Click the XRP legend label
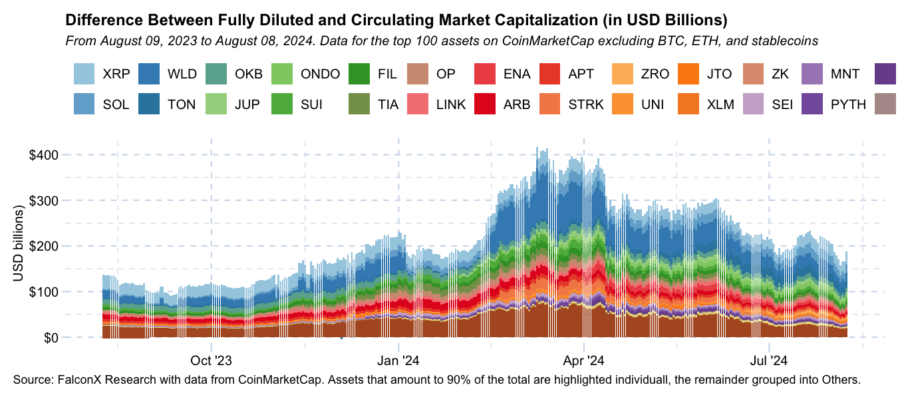point(116,74)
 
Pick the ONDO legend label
point(320,74)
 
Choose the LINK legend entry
point(451,104)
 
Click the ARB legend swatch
point(486,104)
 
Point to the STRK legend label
point(586,104)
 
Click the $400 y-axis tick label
point(44,155)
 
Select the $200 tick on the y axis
point(44,246)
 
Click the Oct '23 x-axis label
point(211,362)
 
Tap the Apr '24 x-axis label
point(583,362)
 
